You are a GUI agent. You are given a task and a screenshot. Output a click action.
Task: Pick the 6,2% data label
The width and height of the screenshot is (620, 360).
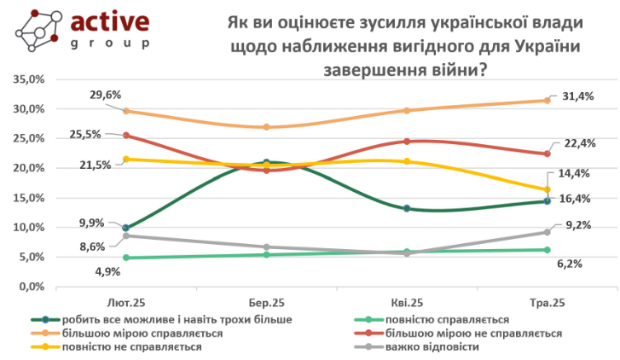(x=569, y=264)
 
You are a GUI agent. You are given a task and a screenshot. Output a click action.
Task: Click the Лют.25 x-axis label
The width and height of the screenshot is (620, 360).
(x=125, y=303)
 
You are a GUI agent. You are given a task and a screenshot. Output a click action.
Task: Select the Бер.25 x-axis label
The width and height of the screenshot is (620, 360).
(x=266, y=303)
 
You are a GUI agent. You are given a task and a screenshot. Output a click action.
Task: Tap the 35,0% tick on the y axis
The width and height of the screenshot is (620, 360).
(x=31, y=79)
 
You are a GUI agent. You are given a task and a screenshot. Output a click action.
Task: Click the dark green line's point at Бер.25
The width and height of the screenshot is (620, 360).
(x=267, y=162)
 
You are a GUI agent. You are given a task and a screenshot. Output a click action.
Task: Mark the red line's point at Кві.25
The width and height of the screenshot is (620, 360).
(x=407, y=141)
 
